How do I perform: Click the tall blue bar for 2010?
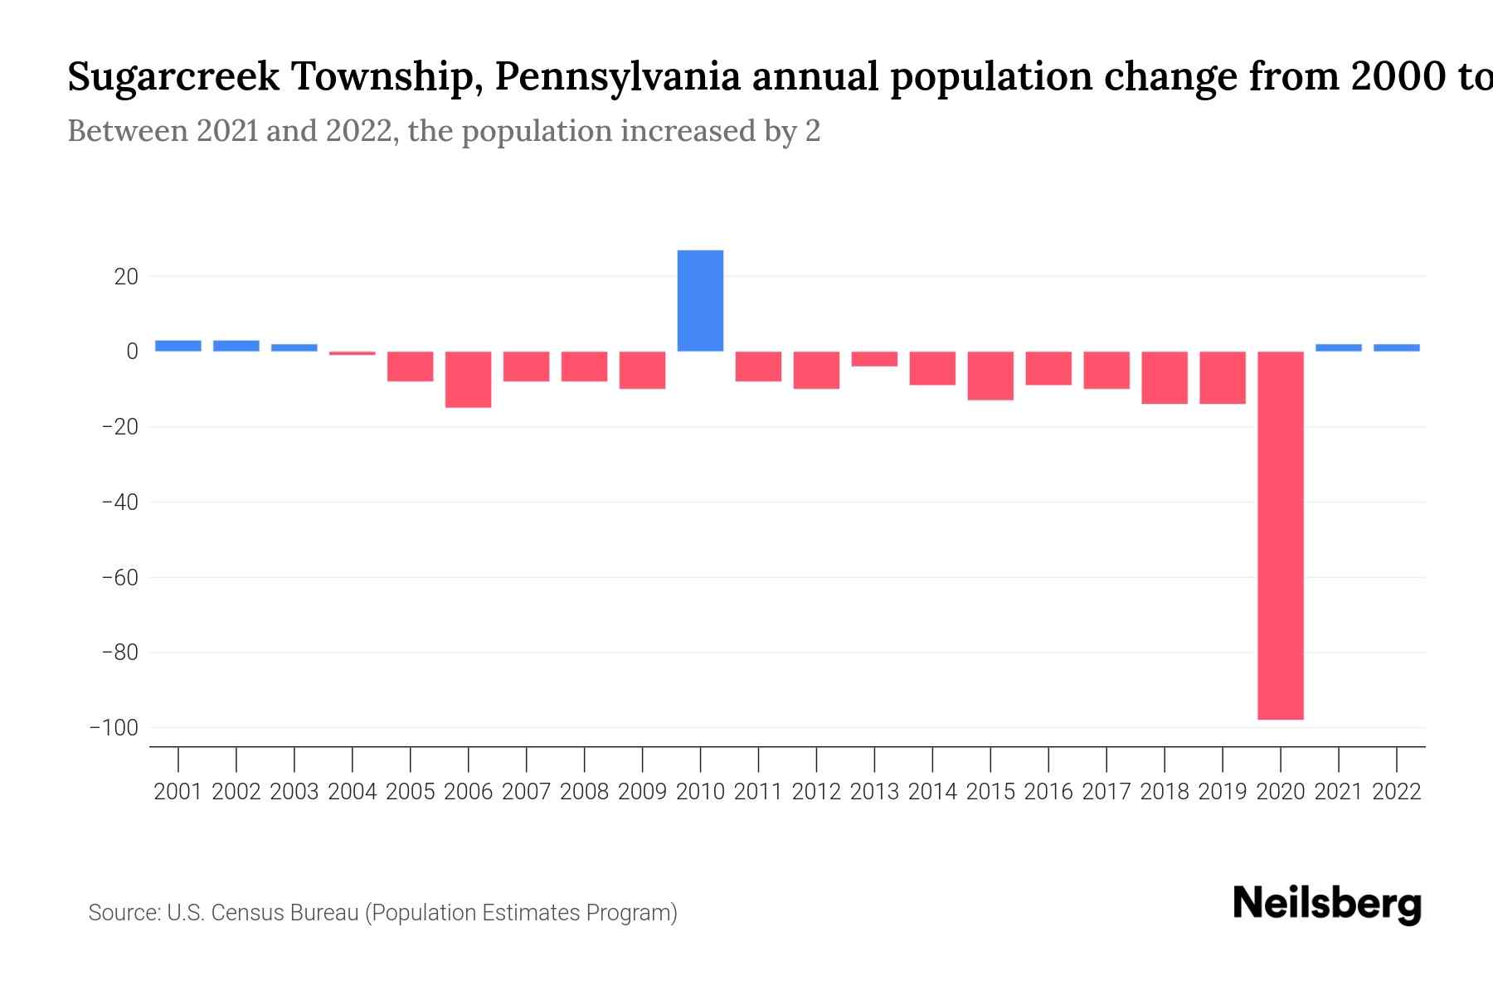(700, 300)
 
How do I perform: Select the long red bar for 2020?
(1280, 535)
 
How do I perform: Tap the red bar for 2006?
(468, 379)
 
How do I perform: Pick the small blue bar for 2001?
(178, 346)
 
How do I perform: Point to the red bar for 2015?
(990, 376)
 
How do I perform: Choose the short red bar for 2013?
(874, 359)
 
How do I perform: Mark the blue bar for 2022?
(1396, 347)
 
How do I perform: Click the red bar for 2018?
(1164, 377)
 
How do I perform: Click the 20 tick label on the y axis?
(126, 277)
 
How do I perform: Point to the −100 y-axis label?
(114, 728)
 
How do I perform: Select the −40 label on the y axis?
(119, 502)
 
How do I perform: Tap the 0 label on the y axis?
(132, 352)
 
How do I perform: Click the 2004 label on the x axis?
(352, 792)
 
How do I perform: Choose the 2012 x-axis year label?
(816, 792)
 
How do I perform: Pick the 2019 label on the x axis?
(1222, 792)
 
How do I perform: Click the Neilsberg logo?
(1327, 904)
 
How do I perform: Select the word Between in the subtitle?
(128, 131)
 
